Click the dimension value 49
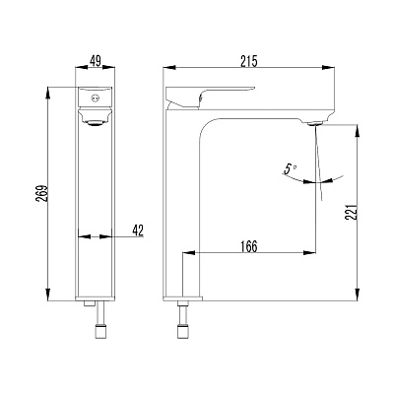96,61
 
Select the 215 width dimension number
249,61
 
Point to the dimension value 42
138,230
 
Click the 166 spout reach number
248,246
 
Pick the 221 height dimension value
351,212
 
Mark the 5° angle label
289,169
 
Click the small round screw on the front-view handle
96,98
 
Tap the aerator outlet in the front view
96,123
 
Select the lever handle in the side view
211,97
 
